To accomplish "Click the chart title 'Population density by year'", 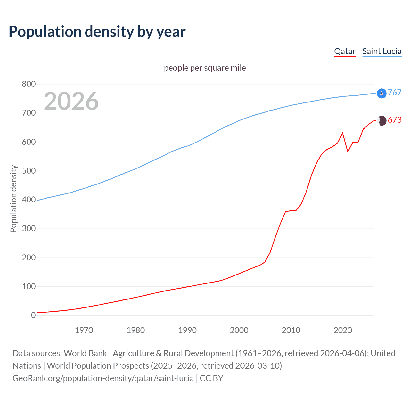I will pos(97,32).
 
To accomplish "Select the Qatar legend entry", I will pos(345,51).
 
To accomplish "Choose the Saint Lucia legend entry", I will pos(382,51).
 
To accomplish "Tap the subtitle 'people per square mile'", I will pos(205,68).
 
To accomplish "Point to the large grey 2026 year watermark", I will pos(71,101).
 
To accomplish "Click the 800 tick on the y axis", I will pos(29,84).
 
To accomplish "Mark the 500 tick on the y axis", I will pos(29,171).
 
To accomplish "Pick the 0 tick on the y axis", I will pos(33,315).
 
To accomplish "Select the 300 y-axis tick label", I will pos(29,229).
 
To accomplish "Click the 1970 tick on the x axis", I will pos(84,330).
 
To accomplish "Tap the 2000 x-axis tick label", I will pos(239,330).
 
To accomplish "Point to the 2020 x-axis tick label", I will pos(343,330).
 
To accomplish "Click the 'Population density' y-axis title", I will pos(13,199).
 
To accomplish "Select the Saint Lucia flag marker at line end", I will pos(381,93).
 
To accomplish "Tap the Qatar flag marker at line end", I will pos(381,121).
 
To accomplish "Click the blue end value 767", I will pos(395,93).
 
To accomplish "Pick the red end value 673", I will pos(395,120).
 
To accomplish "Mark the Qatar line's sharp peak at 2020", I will pos(343,133).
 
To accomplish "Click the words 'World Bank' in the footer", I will pos(85,353).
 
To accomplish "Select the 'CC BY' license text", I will pos(211,378).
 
